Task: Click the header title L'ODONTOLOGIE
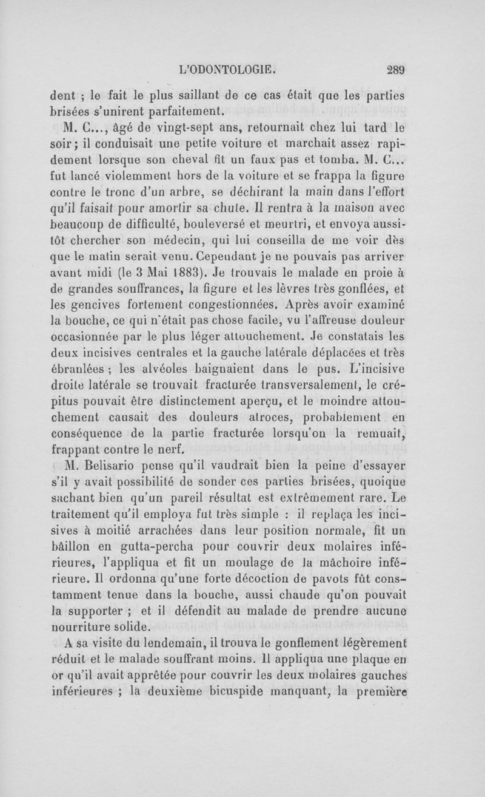[224, 69]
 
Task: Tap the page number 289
[395, 69]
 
